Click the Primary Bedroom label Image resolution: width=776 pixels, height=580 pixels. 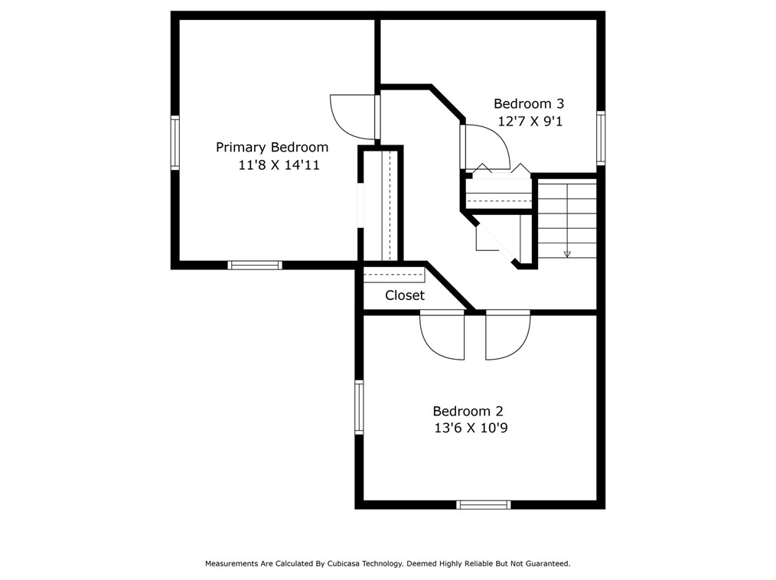(272, 148)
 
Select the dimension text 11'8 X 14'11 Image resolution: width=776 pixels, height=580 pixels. (279, 165)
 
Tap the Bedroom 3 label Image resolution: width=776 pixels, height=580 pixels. (529, 104)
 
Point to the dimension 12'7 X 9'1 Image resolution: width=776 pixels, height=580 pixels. (530, 121)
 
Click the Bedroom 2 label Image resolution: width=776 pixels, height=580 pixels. (468, 411)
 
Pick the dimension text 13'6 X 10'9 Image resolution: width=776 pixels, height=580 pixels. (471, 428)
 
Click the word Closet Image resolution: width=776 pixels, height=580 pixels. (405, 295)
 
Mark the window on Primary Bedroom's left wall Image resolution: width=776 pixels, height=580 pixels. (174, 142)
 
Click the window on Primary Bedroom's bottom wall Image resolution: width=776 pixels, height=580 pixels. (255, 266)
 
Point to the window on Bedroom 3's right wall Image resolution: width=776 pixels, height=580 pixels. (601, 138)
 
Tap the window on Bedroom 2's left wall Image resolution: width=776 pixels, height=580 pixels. (359, 407)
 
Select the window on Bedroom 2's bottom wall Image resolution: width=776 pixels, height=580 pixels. (483, 505)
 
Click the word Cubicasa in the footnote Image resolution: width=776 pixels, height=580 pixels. (344, 564)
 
